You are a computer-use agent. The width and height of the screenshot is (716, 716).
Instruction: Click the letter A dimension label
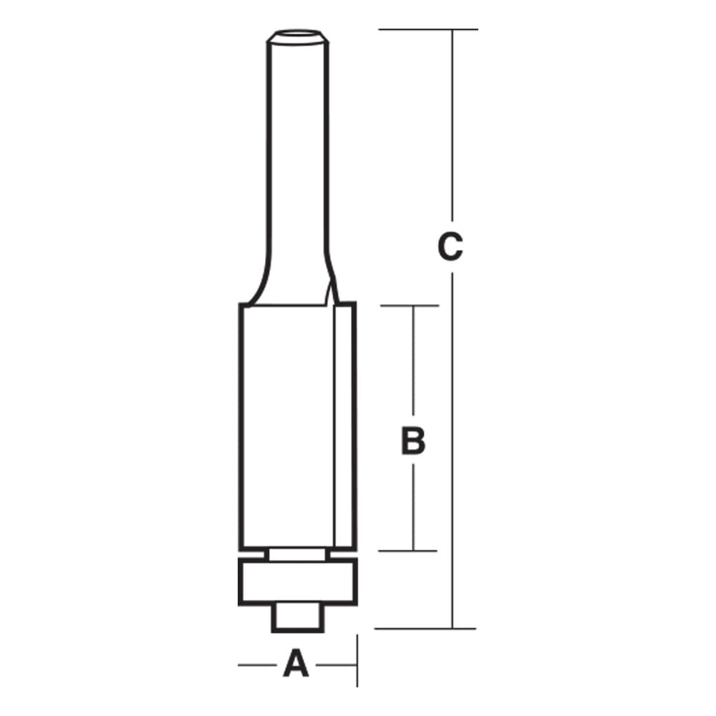coord(295,664)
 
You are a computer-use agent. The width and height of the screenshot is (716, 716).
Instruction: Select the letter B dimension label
coord(413,442)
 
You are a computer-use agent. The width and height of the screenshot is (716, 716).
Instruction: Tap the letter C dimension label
coord(450,248)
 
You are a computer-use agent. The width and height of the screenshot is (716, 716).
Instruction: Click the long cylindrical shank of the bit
coord(297,158)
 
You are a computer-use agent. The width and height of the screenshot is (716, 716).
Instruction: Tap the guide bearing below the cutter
coord(297,582)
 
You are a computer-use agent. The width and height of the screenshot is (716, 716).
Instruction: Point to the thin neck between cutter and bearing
coord(297,554)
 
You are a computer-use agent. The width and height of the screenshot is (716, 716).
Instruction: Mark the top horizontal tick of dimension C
coord(427,29)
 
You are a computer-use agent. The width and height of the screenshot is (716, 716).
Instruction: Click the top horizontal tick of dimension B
coord(408,306)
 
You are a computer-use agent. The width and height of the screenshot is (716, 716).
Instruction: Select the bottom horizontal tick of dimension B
coord(408,551)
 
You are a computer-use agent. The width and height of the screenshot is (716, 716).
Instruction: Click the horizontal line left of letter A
coord(257,665)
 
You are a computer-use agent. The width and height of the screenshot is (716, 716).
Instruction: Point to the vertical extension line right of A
coord(357,660)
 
